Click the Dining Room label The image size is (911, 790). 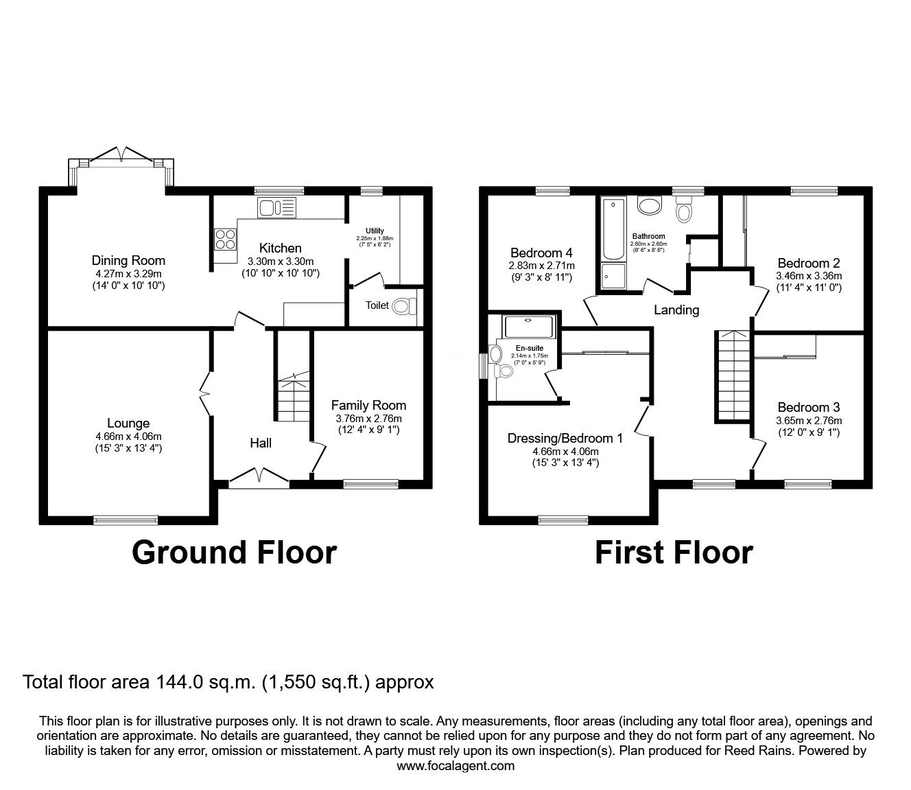[x=128, y=260]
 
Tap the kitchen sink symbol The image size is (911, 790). [x=276, y=206]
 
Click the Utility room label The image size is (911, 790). [x=375, y=231]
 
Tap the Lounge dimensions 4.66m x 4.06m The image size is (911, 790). [x=128, y=436]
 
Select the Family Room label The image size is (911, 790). [x=368, y=405]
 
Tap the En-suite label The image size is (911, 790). [x=530, y=349]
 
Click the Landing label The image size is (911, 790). [x=676, y=310]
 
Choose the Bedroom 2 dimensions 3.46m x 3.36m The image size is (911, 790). [x=809, y=276]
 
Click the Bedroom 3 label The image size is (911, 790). [x=809, y=407]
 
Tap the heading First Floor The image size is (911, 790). [x=673, y=552]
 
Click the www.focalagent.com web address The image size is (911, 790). [x=455, y=766]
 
